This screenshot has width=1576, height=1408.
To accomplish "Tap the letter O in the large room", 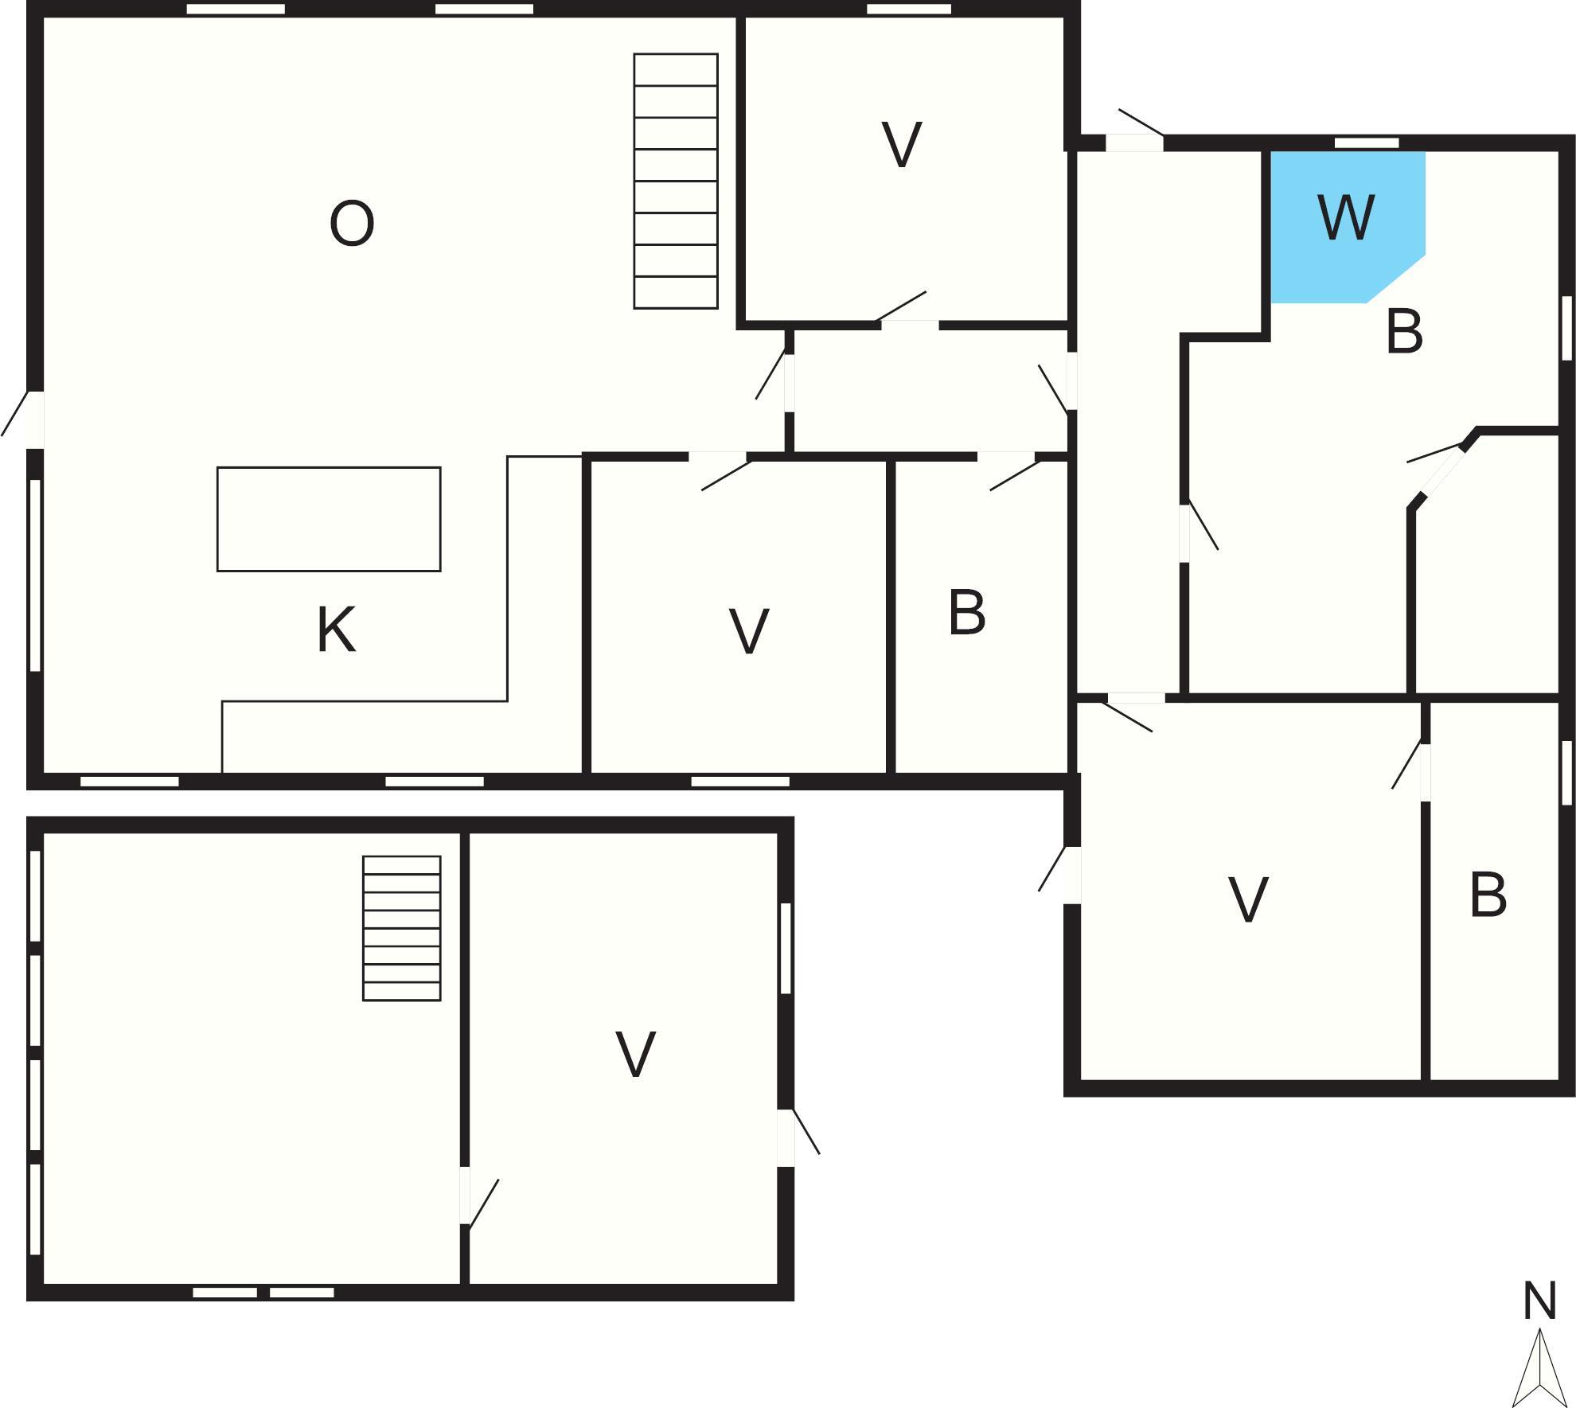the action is [x=352, y=224].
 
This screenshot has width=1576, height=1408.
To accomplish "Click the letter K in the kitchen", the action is [x=336, y=630].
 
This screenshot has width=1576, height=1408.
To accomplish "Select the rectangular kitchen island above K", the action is [x=329, y=519].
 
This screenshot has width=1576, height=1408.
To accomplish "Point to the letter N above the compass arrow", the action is [x=1539, y=1302].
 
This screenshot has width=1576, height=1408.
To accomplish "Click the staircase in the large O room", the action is [x=676, y=181].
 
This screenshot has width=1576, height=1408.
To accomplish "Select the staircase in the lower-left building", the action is [x=402, y=928].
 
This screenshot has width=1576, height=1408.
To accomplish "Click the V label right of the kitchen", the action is [x=749, y=631].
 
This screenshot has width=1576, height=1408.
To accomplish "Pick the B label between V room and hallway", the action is [x=967, y=612].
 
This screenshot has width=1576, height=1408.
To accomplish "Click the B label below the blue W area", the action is [x=1404, y=331].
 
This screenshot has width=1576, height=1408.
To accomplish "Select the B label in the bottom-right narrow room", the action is [x=1488, y=895].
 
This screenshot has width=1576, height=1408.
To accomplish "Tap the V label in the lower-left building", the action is [x=636, y=1055].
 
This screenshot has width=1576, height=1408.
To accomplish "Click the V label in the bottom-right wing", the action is [x=1248, y=900].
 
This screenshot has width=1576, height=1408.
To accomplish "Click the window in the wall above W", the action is [x=1367, y=143].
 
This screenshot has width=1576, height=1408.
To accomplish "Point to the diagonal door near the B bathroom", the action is [x=1439, y=475].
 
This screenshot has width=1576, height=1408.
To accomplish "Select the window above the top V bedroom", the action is [x=909, y=10].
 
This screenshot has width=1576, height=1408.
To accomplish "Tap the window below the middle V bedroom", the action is [x=740, y=782].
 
